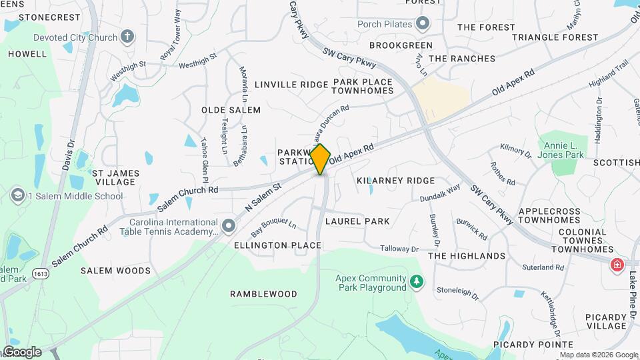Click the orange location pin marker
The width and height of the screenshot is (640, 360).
pyautogui.click(x=321, y=159)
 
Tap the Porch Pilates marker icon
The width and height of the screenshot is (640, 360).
pyautogui.click(x=422, y=24)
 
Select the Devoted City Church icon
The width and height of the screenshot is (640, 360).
pyautogui.click(x=129, y=37)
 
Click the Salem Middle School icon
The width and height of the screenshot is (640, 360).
pyautogui.click(x=17, y=195)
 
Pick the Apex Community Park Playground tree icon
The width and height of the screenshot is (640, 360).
pyautogui.click(x=417, y=283)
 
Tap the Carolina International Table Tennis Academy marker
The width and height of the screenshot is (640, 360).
pyautogui.click(x=229, y=227)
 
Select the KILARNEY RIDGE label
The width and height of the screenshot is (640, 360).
pyautogui.click(x=395, y=181)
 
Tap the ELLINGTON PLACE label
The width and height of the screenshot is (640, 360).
pyautogui.click(x=277, y=245)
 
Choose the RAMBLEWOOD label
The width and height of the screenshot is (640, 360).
pyautogui.click(x=263, y=294)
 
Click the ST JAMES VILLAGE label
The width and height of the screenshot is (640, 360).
pyautogui.click(x=117, y=177)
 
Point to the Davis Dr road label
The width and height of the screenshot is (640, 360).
pyautogui.click(x=68, y=153)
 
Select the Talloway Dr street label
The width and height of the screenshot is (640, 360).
pyautogui.click(x=399, y=249)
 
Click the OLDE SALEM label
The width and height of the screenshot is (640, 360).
pyautogui.click(x=231, y=109)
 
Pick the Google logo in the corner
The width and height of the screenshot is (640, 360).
pyautogui.click(x=21, y=351)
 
